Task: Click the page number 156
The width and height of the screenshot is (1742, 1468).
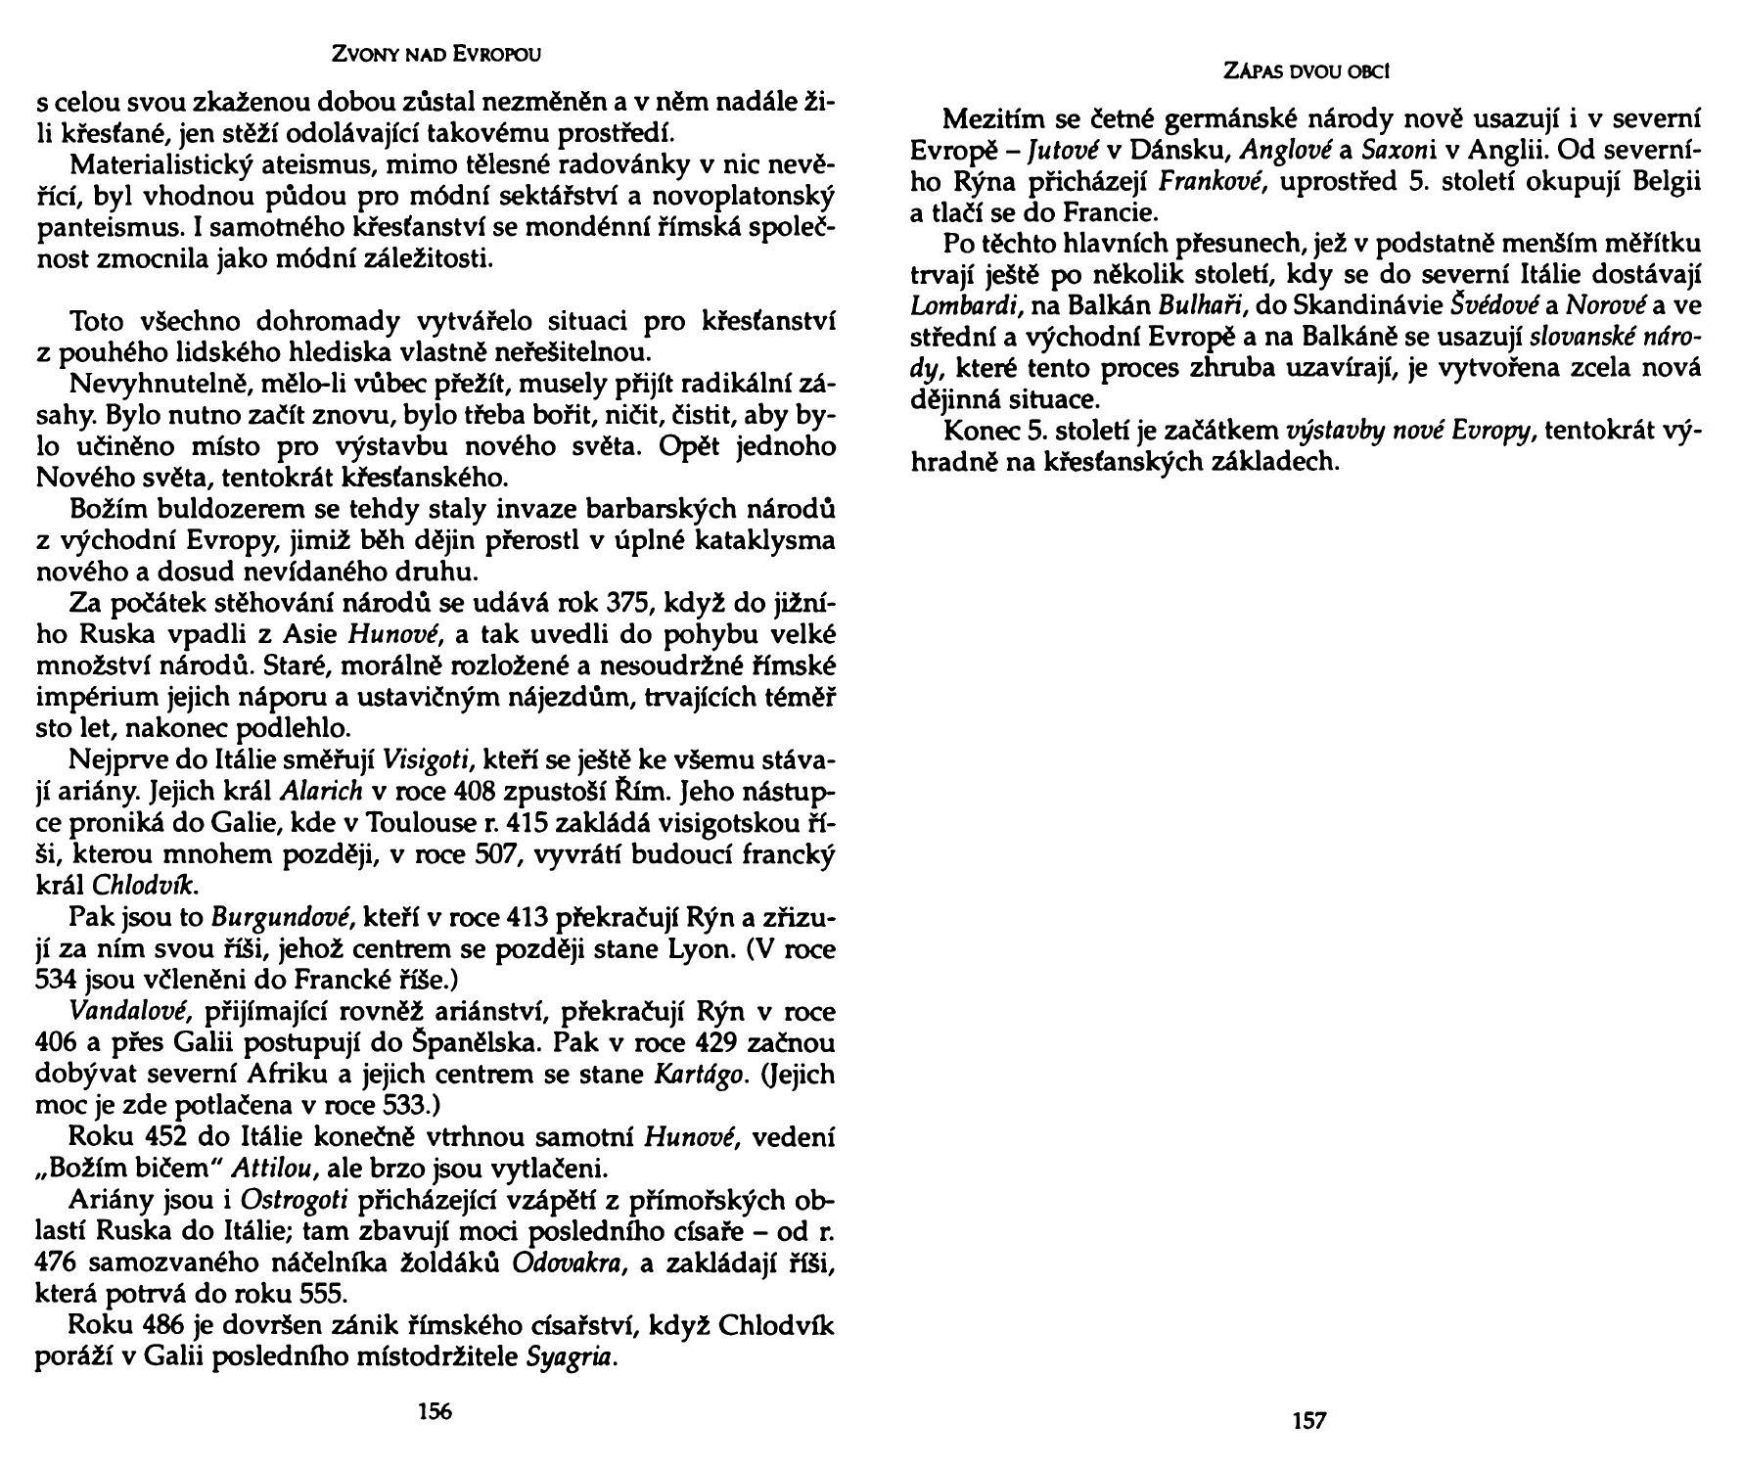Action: click(x=435, y=1411)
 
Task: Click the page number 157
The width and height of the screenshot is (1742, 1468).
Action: click(x=1308, y=1421)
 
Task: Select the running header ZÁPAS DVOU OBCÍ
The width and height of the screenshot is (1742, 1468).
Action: click(x=1309, y=71)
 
